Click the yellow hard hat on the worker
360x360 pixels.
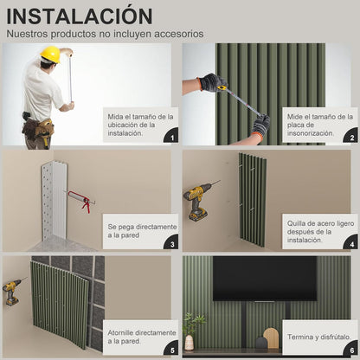[50, 55]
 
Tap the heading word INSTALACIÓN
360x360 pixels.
[80, 16]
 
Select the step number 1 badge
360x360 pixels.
[171, 137]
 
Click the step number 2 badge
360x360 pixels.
[351, 137]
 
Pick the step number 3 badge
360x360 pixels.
[171, 243]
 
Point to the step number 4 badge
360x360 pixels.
[351, 243]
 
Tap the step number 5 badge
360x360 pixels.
[171, 350]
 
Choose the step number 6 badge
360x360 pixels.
[351, 350]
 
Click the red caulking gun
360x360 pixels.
[81, 200]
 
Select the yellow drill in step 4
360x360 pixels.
[199, 200]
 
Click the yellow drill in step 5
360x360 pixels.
[13, 291]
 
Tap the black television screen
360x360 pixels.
[265, 279]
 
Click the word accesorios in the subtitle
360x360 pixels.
[179, 34]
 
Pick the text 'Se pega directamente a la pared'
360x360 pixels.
[142, 231]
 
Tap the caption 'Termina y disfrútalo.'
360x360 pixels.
[319, 337]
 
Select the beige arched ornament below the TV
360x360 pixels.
[271, 337]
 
